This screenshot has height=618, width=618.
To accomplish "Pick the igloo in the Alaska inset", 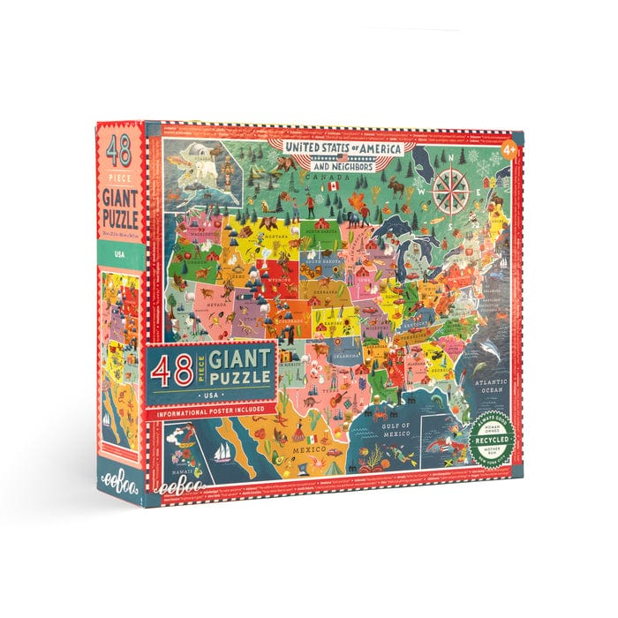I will (x=194, y=160).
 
